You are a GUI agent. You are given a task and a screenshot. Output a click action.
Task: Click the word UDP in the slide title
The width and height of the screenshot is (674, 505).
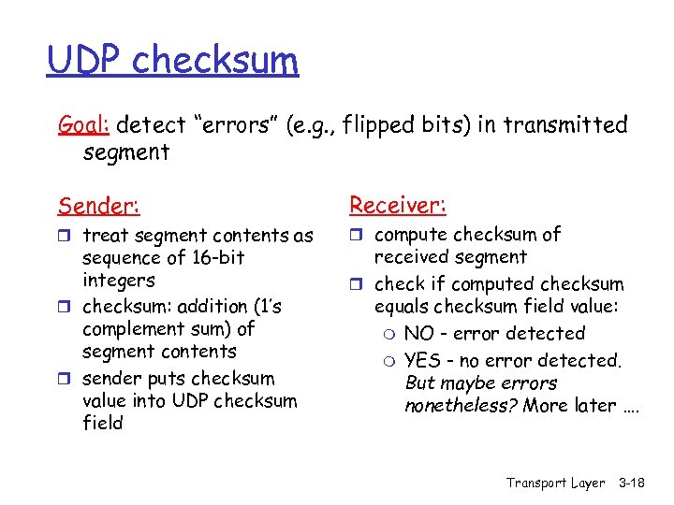coord(85,61)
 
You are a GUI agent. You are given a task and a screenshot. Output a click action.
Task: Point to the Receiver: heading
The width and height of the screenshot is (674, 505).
coord(397,204)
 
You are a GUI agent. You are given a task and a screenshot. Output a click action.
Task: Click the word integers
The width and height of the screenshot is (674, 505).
coord(119,281)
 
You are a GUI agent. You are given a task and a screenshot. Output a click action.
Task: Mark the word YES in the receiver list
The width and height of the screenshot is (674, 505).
coord(423,360)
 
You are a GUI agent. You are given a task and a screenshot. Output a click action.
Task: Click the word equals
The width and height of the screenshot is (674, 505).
coord(401,307)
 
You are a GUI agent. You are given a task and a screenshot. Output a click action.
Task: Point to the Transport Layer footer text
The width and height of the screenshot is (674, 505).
coord(555,483)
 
